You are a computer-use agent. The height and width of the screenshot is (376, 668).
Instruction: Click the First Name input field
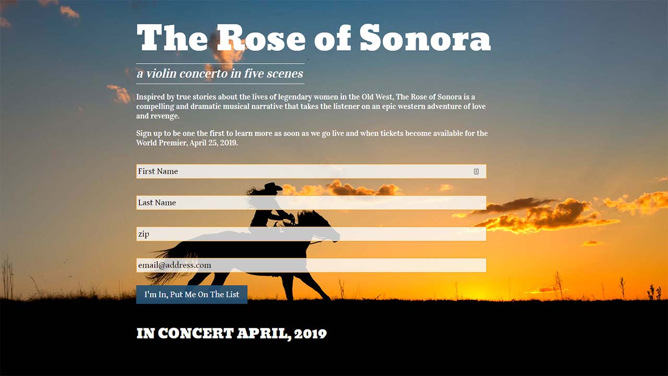click(311, 171)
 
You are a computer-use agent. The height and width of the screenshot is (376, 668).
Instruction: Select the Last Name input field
click(311, 203)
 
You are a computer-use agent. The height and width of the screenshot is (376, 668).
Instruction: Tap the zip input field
click(311, 234)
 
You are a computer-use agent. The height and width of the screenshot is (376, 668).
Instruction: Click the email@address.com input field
click(311, 265)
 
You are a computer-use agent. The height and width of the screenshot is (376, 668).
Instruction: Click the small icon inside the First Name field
click(476, 171)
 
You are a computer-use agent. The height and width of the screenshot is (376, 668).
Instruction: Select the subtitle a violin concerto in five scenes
click(220, 74)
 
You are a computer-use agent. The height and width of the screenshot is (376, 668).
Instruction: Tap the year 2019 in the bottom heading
click(311, 334)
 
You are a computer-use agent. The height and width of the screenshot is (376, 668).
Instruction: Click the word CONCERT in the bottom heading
click(196, 333)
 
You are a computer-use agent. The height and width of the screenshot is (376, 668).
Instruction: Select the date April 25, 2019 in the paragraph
click(213, 143)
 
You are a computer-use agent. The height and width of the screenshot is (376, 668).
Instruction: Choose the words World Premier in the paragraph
click(161, 143)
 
